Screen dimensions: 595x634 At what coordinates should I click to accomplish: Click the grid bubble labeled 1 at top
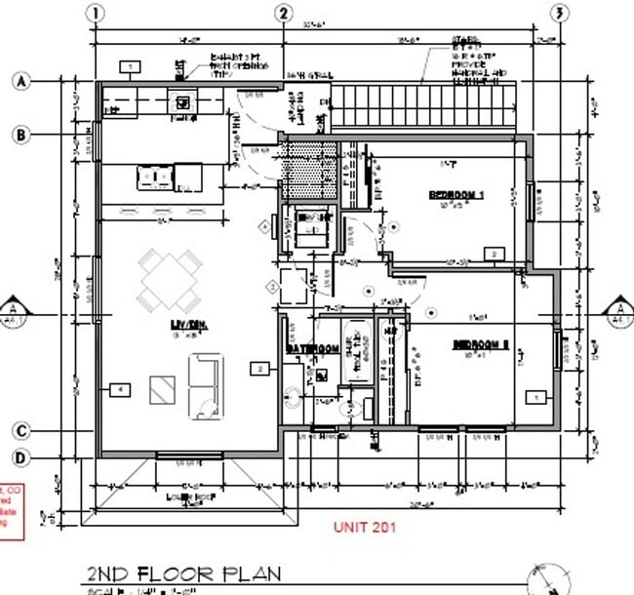click(x=96, y=14)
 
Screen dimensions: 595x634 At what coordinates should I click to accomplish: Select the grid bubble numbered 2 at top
click(x=284, y=14)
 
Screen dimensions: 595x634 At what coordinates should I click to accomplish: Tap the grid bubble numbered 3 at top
click(x=559, y=14)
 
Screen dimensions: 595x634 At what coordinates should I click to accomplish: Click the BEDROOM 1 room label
click(x=456, y=195)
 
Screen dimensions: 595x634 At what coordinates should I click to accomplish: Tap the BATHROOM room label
click(x=311, y=348)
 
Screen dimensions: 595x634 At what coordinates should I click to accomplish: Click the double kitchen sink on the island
click(x=154, y=177)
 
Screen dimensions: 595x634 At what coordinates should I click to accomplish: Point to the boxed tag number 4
click(x=120, y=389)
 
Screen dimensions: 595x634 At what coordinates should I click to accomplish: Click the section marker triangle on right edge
click(x=616, y=309)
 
